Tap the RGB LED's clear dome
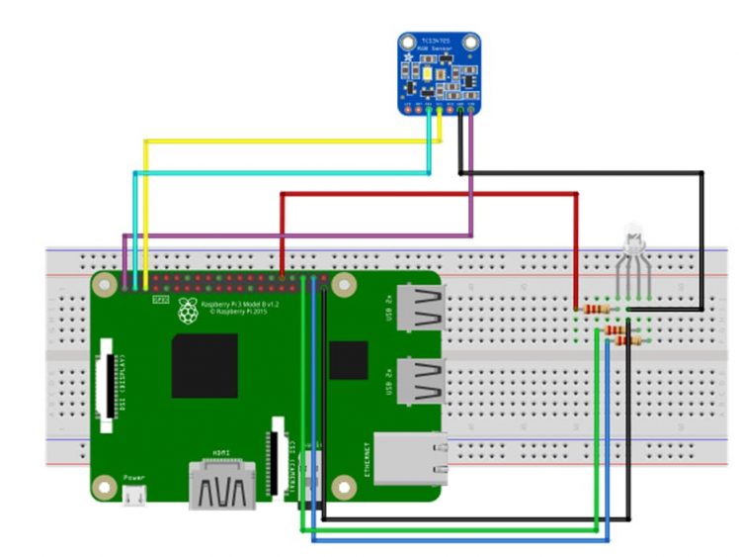click(x=632, y=237)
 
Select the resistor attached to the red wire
click(x=595, y=309)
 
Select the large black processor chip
click(x=205, y=366)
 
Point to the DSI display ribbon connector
click(x=106, y=387)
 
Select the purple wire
click(x=296, y=235)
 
